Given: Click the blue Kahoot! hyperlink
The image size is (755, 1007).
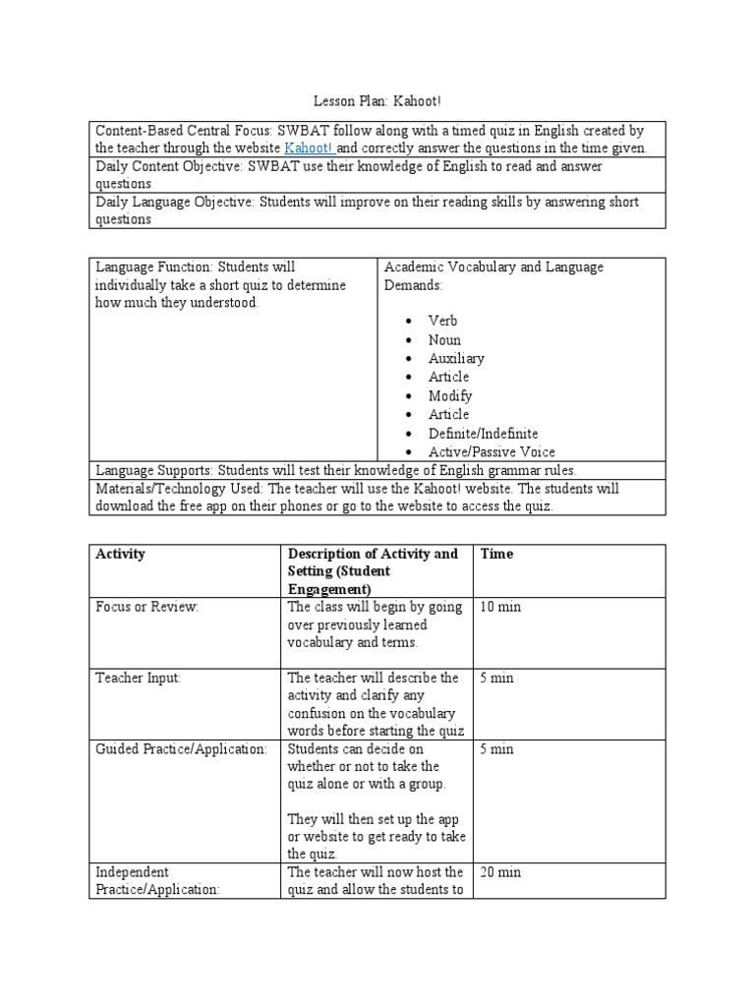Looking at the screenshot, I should (309, 148).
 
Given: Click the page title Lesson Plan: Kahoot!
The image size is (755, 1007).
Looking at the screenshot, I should (377, 101).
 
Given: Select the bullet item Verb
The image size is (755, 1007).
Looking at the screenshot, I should (442, 321).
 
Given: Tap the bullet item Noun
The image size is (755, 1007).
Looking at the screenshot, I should (444, 339).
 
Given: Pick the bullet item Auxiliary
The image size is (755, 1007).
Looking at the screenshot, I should (456, 358).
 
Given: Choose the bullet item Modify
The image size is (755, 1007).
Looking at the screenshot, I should (450, 395).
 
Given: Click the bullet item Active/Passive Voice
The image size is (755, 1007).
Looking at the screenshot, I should (492, 451).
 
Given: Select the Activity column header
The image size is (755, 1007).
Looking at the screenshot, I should (120, 554).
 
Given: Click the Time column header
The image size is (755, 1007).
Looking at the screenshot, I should (496, 554).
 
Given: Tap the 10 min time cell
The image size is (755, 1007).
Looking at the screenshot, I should (500, 607).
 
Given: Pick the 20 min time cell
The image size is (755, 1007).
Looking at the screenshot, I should (500, 872).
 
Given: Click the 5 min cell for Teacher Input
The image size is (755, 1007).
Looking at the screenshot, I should (496, 678).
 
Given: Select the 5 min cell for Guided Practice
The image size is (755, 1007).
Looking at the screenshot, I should (496, 748).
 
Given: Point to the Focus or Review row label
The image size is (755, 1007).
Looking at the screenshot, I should (146, 607).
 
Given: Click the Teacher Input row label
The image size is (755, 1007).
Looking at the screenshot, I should (139, 678).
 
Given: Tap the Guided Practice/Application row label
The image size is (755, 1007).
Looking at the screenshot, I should (181, 748).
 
